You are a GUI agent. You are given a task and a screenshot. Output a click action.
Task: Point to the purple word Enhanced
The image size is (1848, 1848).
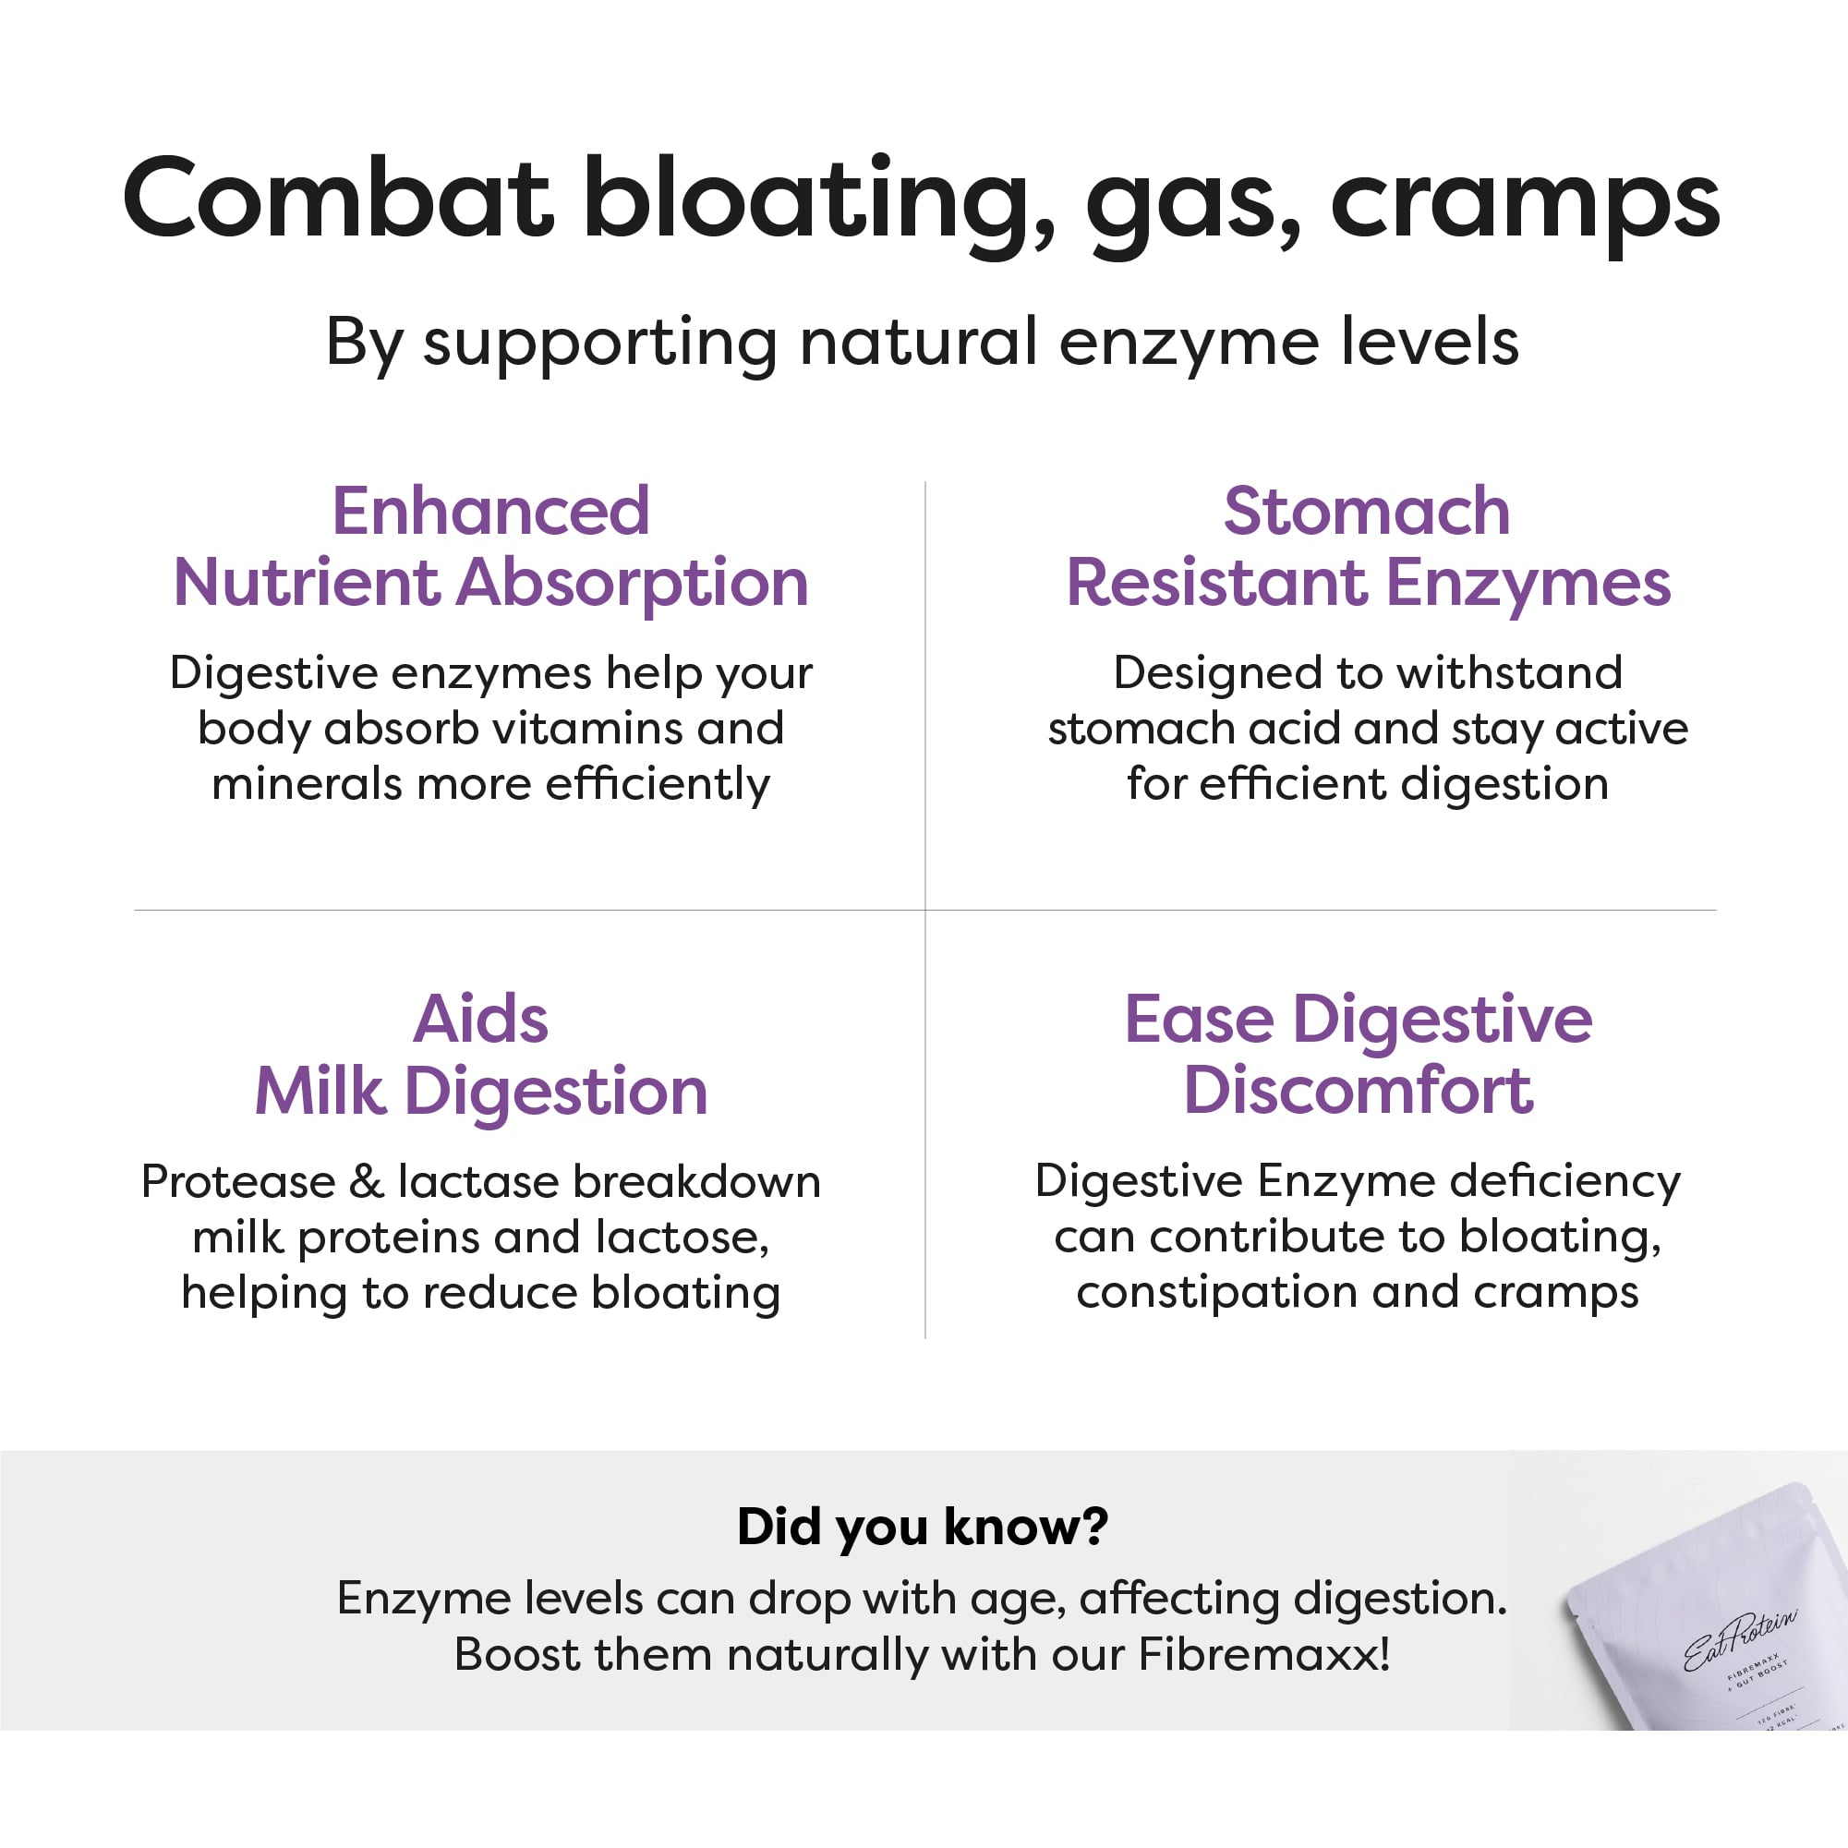pos(490,511)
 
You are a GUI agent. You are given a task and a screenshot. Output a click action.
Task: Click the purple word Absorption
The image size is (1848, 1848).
pos(633,583)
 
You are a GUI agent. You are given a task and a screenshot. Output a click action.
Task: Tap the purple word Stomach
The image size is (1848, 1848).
pos(1367,511)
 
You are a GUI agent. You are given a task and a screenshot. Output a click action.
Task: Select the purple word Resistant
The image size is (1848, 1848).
pos(1216,583)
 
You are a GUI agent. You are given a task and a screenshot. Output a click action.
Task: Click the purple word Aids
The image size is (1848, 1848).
pos(480,1019)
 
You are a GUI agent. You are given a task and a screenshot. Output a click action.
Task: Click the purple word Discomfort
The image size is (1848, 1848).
pos(1359,1091)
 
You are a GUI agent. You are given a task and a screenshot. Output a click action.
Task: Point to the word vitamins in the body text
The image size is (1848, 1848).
pos(586,729)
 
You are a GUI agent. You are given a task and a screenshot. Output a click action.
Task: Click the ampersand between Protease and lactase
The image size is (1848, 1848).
pos(367,1182)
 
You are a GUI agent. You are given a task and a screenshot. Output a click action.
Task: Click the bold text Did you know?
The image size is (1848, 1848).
pos(923,1527)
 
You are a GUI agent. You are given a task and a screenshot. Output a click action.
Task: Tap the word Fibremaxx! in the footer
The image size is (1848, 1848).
pos(1263,1655)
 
